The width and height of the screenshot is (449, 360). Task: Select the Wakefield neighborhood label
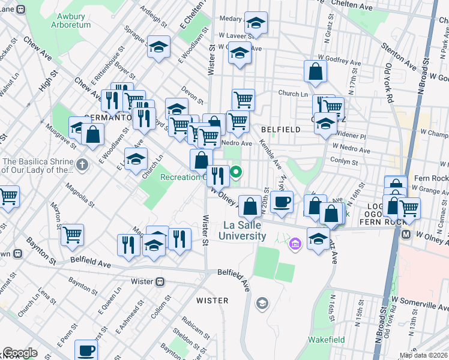pyautogui.click(x=327, y=340)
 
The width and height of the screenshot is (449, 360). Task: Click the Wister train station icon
pyautogui.click(x=161, y=282)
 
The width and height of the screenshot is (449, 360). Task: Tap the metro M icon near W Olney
pyautogui.click(x=406, y=234)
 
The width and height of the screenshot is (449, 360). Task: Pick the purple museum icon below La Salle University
pyautogui.click(x=294, y=244)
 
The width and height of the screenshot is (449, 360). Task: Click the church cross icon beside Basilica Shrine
pyautogui.click(x=84, y=164)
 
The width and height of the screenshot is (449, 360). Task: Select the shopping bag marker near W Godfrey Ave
pyautogui.click(x=315, y=71)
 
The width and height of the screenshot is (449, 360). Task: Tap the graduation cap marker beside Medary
pyautogui.click(x=256, y=23)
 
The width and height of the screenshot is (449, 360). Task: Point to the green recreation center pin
pyautogui.click(x=237, y=173)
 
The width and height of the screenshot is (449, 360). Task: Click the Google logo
pyautogui.click(x=20, y=353)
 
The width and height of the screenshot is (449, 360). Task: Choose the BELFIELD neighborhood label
pyautogui.click(x=280, y=130)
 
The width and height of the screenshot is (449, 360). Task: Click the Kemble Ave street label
pyautogui.click(x=270, y=155)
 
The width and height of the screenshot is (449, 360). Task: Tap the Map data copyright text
pyautogui.click(x=424, y=355)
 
